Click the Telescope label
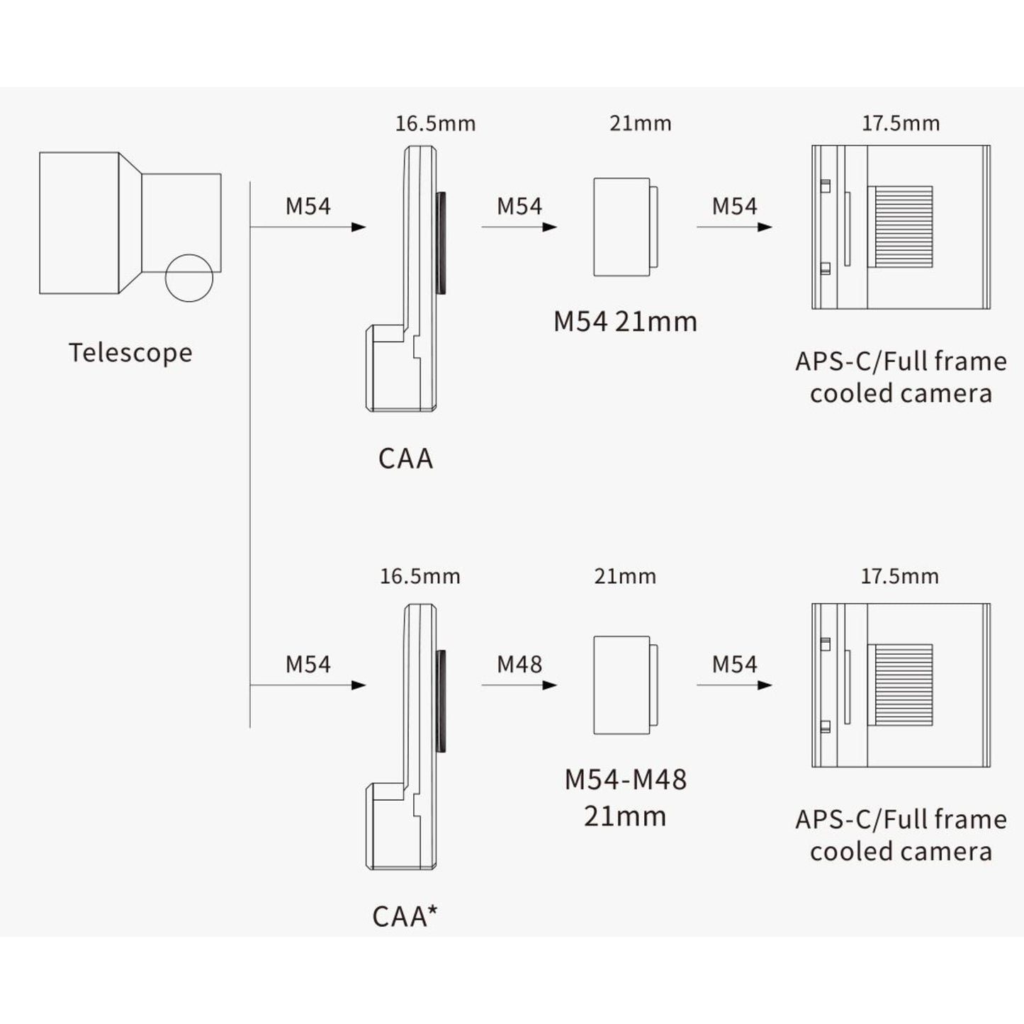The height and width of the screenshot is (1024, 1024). pos(130,353)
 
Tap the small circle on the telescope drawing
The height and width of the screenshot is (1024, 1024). pos(189,278)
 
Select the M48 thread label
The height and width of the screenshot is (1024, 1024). pos(519,664)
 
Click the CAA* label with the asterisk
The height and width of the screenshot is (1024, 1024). pos(405,916)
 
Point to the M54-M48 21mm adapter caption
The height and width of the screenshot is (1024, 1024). pos(625,797)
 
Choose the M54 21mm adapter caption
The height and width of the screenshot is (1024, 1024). pos(625,322)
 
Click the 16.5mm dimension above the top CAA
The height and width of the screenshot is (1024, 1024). pos(435,124)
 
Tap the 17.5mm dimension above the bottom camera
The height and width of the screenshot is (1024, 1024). pos(900,576)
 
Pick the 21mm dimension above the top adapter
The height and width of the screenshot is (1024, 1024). pos(640,123)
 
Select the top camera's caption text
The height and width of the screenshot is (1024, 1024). pos(900,377)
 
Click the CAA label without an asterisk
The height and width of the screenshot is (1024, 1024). pos(405,458)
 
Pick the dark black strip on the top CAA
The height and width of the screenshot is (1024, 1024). pos(441,242)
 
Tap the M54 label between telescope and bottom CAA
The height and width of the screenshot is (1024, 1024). pos(308,664)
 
